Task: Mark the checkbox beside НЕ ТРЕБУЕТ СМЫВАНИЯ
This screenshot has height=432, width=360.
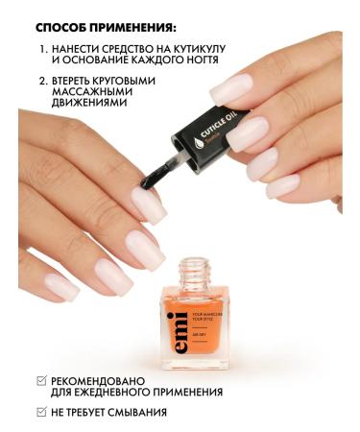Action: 39,413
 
